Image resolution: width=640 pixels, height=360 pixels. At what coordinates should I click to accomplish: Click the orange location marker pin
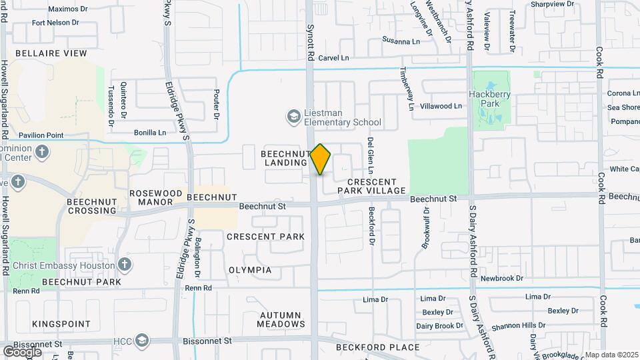321,159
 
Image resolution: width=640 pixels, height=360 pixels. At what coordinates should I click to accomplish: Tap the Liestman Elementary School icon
293,117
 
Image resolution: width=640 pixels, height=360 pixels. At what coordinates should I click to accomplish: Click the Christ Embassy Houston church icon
124,265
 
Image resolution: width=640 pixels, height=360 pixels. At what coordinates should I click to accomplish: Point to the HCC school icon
141,341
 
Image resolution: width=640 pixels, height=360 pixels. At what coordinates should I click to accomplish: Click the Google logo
22,351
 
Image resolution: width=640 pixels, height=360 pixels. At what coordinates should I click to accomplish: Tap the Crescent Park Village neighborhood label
371,186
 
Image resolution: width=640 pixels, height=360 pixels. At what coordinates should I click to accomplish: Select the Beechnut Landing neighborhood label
284,158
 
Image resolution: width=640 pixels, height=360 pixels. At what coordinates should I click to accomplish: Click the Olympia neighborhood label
250,270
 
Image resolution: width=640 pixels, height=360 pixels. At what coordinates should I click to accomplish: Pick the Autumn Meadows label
282,319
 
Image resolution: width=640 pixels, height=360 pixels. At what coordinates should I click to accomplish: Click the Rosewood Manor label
155,197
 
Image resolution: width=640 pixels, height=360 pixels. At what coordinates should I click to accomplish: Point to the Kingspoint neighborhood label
61,323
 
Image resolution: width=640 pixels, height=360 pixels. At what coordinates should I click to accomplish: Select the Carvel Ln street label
333,58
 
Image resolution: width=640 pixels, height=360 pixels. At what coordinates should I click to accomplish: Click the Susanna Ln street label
401,41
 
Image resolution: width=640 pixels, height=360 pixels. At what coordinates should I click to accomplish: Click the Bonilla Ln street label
150,133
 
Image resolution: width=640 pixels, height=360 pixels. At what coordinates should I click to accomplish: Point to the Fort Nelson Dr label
55,23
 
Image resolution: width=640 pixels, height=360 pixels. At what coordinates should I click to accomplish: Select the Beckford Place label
377,347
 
